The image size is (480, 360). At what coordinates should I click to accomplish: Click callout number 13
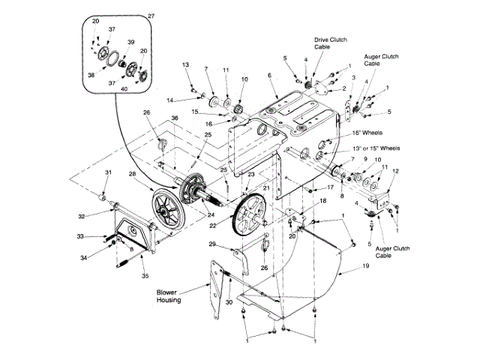point(185,65)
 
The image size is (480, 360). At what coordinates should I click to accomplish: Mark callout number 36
point(174,118)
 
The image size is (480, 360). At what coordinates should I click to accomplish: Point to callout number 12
point(396,172)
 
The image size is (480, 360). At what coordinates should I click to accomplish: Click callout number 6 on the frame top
point(268,75)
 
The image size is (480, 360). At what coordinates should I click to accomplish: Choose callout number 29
point(213,244)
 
